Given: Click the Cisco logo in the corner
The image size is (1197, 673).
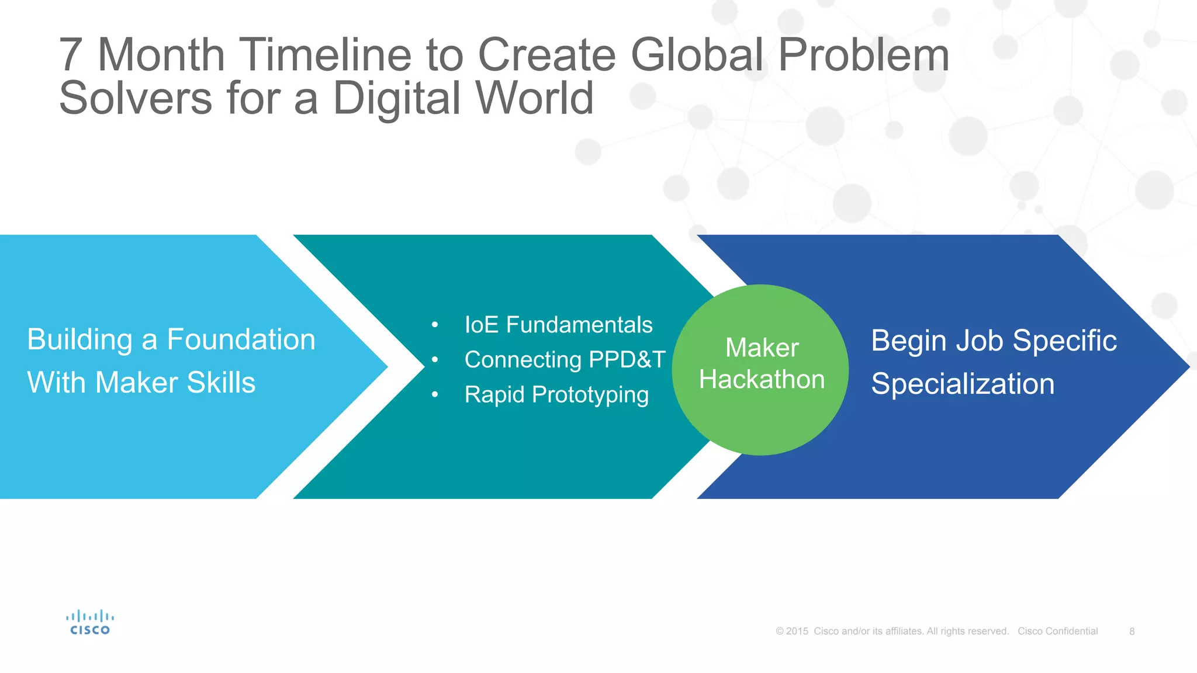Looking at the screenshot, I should pyautogui.click(x=89, y=623).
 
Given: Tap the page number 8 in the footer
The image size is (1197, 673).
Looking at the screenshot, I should pyautogui.click(x=1132, y=632).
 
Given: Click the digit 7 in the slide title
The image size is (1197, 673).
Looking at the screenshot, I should pyautogui.click(x=70, y=55).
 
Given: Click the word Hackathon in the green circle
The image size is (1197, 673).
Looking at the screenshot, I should pyautogui.click(x=762, y=380).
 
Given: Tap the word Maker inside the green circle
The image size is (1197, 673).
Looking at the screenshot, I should pyautogui.click(x=762, y=348).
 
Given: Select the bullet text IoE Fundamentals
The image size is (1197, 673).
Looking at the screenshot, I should pyautogui.click(x=558, y=325).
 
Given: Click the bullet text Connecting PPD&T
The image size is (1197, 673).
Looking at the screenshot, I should pyautogui.click(x=565, y=360).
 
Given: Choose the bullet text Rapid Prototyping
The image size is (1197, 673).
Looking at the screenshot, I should pyautogui.click(x=556, y=395).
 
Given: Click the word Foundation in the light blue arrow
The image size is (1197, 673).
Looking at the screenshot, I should pyautogui.click(x=241, y=339).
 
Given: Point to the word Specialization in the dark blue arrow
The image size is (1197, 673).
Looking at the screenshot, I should pyautogui.click(x=963, y=384).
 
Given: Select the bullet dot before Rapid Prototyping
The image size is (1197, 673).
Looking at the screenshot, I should pyautogui.click(x=435, y=396).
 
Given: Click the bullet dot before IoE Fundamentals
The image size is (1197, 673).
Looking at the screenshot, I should pyautogui.click(x=435, y=325).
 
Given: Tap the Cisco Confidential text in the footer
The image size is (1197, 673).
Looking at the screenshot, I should pyautogui.click(x=1057, y=632).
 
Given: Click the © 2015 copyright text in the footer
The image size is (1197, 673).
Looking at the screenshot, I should pyautogui.click(x=792, y=632).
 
